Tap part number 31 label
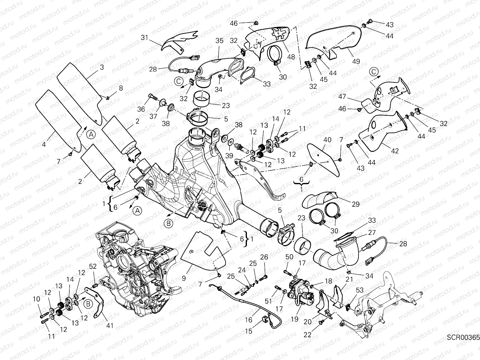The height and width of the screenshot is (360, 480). [145, 37]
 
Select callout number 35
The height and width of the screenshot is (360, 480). [219, 41]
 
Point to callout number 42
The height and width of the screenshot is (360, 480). [395, 151]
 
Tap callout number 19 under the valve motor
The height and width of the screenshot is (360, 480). [295, 319]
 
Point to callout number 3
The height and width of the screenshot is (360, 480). [102, 67]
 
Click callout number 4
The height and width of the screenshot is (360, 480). [44, 144]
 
